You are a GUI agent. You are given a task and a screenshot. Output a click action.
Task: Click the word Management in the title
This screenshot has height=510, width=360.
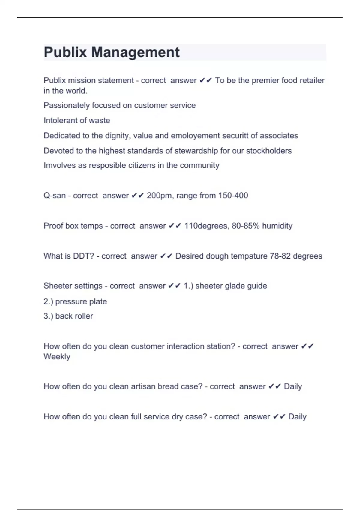[135, 52]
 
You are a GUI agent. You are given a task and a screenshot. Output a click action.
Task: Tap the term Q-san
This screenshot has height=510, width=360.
[55, 196]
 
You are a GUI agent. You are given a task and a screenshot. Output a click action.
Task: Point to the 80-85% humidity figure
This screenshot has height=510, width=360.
[262, 226]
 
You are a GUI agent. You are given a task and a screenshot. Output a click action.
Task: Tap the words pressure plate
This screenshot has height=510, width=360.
[81, 301]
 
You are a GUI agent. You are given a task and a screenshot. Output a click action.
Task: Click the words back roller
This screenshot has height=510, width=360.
[74, 316]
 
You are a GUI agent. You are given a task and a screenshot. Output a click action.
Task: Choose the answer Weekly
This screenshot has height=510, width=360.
[57, 357]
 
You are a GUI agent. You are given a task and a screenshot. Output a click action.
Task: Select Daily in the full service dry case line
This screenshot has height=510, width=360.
[297, 417]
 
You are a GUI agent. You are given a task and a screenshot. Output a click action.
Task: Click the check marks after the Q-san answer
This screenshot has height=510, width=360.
[138, 196]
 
